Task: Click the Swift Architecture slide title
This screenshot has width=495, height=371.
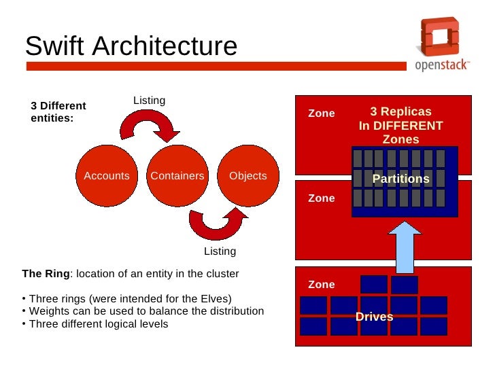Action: [x=131, y=47]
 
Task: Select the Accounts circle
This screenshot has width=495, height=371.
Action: [x=107, y=176]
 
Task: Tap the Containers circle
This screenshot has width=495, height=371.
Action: [x=177, y=176]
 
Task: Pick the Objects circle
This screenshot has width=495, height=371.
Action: [x=248, y=176]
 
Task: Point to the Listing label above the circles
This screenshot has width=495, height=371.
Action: [x=149, y=101]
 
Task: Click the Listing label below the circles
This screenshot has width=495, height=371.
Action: [x=220, y=251]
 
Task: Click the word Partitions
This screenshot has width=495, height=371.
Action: [x=401, y=179]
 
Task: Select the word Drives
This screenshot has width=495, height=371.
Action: [x=375, y=317]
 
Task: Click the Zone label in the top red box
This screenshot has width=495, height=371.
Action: [x=322, y=113]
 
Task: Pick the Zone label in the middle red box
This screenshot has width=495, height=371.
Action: [x=322, y=198]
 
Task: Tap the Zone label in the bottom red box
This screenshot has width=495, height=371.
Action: [x=322, y=285]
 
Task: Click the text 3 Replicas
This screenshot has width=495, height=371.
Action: [x=400, y=112]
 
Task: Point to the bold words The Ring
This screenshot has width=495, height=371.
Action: [x=46, y=274]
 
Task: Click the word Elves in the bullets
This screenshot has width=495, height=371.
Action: [x=214, y=299]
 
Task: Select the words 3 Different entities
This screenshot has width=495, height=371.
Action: [x=58, y=112]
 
